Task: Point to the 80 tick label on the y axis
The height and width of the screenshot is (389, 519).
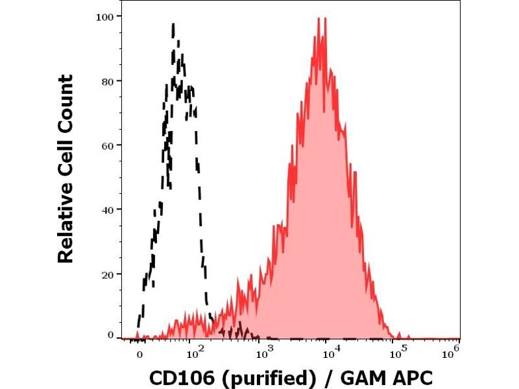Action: pyautogui.click(x=108, y=81)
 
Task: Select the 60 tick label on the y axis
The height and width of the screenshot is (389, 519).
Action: pyautogui.click(x=108, y=145)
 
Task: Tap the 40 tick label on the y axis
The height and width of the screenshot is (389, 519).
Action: pyautogui.click(x=108, y=209)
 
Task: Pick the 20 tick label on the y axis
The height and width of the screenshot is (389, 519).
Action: pyautogui.click(x=108, y=273)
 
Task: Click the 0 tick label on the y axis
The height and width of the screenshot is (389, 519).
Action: pyautogui.click(x=111, y=335)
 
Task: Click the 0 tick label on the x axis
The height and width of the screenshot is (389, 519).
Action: pyautogui.click(x=139, y=355)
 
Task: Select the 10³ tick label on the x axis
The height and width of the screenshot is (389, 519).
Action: pyautogui.click(x=263, y=353)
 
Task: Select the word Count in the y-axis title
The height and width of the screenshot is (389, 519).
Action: pyautogui.click(x=66, y=100)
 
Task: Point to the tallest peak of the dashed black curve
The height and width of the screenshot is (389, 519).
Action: pyautogui.click(x=174, y=24)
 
